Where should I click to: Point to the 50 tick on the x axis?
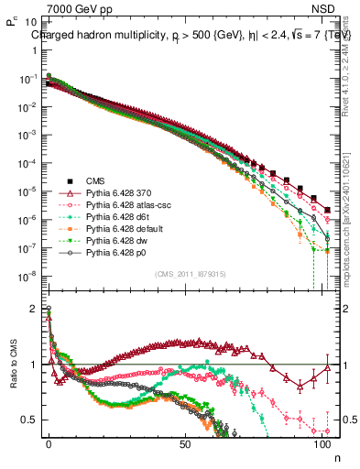185,442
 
